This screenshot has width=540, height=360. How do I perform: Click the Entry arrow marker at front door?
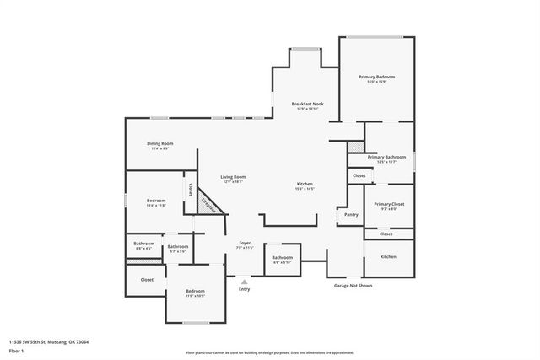[245, 282]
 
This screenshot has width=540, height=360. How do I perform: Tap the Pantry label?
[351, 215]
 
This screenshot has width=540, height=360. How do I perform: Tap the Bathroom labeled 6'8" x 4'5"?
[143, 244]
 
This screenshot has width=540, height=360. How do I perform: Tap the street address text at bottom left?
[49, 342]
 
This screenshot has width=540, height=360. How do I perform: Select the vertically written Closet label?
[191, 189]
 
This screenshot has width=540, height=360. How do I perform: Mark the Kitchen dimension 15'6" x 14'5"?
[305, 189]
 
